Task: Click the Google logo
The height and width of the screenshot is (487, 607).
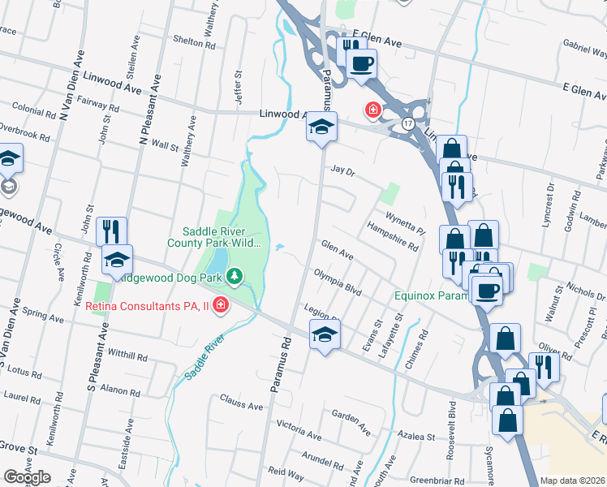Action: [x=26, y=477]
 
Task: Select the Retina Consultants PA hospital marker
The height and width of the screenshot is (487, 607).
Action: [x=221, y=306]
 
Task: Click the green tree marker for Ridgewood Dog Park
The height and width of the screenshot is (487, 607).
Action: [x=235, y=277]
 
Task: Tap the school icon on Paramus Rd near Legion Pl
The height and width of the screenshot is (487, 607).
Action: [x=324, y=334]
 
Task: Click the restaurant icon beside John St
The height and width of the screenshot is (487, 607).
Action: [x=111, y=231]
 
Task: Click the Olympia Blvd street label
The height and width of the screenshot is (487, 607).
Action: [x=337, y=281]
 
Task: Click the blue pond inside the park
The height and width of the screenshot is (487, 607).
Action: [x=217, y=261]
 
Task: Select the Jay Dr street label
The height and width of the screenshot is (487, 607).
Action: [x=343, y=171]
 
